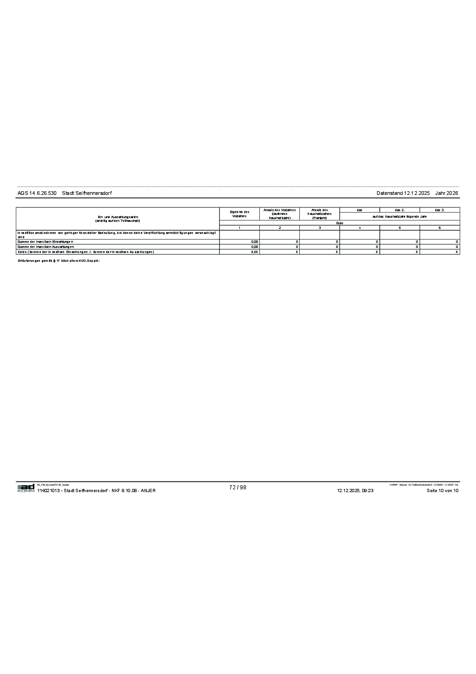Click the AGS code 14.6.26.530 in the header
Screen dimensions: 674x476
pyautogui.click(x=37, y=193)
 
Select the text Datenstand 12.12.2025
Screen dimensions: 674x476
pyautogui.click(x=403, y=193)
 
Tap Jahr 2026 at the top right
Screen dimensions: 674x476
pyautogui.click(x=447, y=193)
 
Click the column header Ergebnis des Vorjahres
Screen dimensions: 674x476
pyautogui.click(x=239, y=214)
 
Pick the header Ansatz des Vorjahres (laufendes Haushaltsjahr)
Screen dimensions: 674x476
pyautogui.click(x=279, y=214)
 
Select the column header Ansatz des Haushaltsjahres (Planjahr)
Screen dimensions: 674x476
pyautogui.click(x=319, y=214)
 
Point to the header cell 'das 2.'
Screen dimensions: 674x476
pyautogui.click(x=400, y=210)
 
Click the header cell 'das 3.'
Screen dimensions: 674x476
pyautogui.click(x=440, y=210)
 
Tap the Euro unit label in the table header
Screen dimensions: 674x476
pyautogui.click(x=339, y=223)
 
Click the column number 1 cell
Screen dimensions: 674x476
pyautogui.click(x=239, y=227)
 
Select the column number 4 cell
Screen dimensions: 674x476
pyautogui.click(x=360, y=227)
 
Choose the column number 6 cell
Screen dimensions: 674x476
pyautogui.click(x=440, y=227)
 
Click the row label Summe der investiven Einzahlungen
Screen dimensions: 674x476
pyautogui.click(x=46, y=242)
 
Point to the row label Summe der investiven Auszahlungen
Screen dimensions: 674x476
pyautogui.click(x=46, y=247)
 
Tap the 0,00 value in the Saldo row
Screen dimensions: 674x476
pyautogui.click(x=255, y=252)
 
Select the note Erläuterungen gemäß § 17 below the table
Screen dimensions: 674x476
pyautogui.click(x=59, y=260)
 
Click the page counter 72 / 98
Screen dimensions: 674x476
pyautogui.click(x=238, y=487)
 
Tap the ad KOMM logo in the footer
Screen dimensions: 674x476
pyautogui.click(x=26, y=488)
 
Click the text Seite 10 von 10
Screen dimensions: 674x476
pyautogui.click(x=443, y=491)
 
